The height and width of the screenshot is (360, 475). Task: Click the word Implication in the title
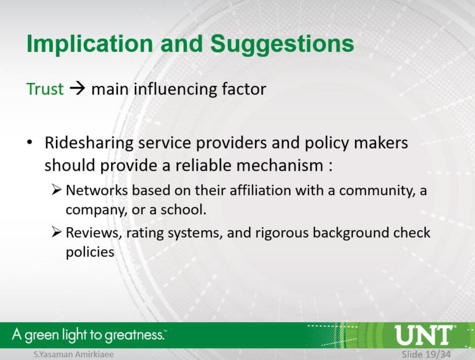point(90,44)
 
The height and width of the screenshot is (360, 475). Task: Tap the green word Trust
point(45,89)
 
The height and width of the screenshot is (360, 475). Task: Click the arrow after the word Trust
point(77,89)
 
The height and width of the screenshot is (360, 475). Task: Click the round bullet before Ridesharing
point(30,142)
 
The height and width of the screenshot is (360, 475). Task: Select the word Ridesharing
point(89,143)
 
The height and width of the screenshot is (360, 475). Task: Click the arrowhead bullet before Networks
point(57,190)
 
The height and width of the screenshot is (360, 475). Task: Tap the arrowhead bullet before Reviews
point(57,232)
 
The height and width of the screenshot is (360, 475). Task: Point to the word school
point(183,209)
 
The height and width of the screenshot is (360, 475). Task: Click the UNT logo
point(424,335)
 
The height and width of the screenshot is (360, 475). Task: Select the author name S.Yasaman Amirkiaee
point(73,354)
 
